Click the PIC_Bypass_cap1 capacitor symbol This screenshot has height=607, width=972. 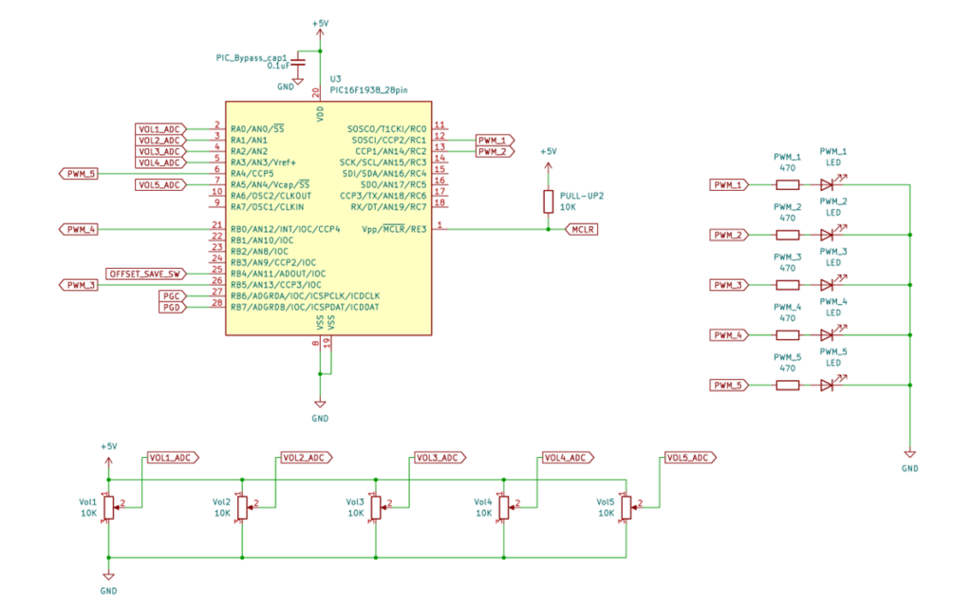tap(298, 62)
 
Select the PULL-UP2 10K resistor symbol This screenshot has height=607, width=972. tap(548, 201)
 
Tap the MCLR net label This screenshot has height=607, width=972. tap(582, 230)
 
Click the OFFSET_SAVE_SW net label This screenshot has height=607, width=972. tap(145, 274)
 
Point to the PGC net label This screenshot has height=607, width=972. tap(173, 296)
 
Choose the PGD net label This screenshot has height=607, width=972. tap(173, 307)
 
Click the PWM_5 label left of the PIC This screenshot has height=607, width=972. tap(79, 174)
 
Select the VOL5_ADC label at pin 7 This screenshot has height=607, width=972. tap(159, 185)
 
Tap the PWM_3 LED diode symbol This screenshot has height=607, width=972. tap(827, 285)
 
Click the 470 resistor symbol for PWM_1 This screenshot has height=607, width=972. tap(787, 184)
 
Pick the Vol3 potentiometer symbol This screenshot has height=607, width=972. tap(376, 507)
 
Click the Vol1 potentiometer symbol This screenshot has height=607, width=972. tap(108, 507)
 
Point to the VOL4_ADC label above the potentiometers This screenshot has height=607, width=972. tap(568, 458)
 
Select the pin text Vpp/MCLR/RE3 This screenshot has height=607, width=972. tap(394, 230)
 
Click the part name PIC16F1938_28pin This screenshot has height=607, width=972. tap(369, 90)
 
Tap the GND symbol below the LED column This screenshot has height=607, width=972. tap(910, 455)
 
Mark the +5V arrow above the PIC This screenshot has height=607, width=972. tap(320, 33)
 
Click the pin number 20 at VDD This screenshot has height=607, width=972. tap(316, 92)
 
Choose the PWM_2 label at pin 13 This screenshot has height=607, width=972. tap(494, 151)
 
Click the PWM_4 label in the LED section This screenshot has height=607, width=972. tap(729, 335)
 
